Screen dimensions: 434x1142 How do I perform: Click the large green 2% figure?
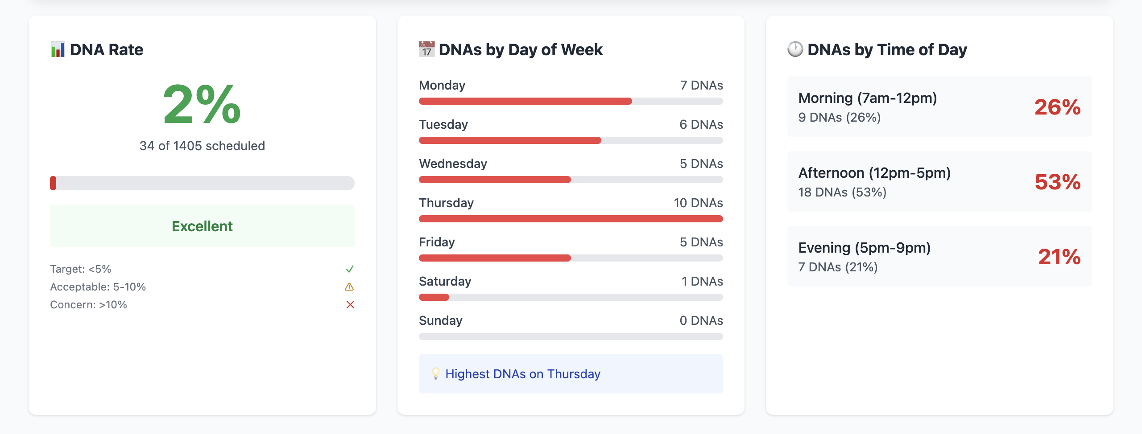(x=202, y=105)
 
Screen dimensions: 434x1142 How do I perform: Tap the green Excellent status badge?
(x=202, y=226)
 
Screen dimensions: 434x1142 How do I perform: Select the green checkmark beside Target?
(x=350, y=269)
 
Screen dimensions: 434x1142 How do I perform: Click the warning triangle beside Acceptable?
(x=349, y=287)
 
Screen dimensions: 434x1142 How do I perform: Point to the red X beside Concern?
(x=350, y=305)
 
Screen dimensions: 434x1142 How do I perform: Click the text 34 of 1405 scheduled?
(x=202, y=146)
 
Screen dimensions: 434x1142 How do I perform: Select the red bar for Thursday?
(x=571, y=219)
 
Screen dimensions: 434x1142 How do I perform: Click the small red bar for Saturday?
(x=434, y=297)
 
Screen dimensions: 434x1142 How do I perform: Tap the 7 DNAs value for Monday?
(x=701, y=85)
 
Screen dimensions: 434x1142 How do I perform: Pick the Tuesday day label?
(x=443, y=124)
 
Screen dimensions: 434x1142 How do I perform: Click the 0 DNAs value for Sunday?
(x=701, y=320)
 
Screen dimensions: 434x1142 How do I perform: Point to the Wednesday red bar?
(x=495, y=180)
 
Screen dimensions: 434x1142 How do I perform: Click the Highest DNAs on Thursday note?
(x=523, y=374)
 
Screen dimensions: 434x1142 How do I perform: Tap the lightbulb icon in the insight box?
(x=436, y=373)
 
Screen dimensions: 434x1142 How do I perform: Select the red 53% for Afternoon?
(x=1057, y=182)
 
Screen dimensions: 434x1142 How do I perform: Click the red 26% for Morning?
(x=1057, y=107)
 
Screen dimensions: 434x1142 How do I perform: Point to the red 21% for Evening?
(x=1059, y=257)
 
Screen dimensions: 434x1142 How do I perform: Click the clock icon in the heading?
(x=795, y=49)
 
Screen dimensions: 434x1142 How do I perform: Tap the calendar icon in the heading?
(x=426, y=49)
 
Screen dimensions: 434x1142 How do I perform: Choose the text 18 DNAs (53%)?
(x=842, y=192)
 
